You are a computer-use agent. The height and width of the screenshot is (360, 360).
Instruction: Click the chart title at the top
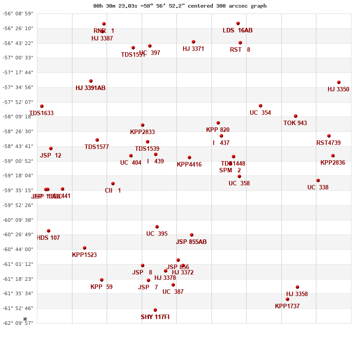(180, 6)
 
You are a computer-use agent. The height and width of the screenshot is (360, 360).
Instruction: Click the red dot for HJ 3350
(339, 82)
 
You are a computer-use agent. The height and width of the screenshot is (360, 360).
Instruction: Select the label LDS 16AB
(238, 31)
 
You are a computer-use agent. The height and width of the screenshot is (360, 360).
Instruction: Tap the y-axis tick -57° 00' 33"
(18, 58)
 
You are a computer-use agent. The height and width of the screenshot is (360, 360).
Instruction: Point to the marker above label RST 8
(240, 43)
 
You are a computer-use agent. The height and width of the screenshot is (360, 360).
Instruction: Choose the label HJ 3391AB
(90, 88)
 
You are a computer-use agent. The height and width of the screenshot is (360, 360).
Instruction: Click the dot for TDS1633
(42, 106)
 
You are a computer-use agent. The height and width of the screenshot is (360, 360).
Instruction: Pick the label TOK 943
(295, 123)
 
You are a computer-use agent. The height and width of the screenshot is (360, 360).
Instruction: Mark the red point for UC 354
(261, 106)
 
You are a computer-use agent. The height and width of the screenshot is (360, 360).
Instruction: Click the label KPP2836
(333, 163)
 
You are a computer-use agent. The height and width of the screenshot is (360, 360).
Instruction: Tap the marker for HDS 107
(49, 231)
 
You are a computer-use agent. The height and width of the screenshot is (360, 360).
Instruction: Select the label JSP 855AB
(191, 242)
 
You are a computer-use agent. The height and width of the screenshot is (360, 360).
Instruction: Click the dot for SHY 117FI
(155, 310)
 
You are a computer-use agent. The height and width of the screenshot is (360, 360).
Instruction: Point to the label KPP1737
(287, 306)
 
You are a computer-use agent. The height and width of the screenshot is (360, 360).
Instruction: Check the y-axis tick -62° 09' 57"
(18, 323)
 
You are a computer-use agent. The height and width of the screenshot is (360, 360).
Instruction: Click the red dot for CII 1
(113, 184)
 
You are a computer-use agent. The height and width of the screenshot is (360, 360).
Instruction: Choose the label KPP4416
(189, 165)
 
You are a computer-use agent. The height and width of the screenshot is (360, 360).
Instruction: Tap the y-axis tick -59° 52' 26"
(18, 205)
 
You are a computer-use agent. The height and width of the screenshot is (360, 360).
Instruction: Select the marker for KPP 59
(102, 280)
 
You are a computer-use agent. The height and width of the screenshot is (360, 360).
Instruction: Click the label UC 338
(318, 188)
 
